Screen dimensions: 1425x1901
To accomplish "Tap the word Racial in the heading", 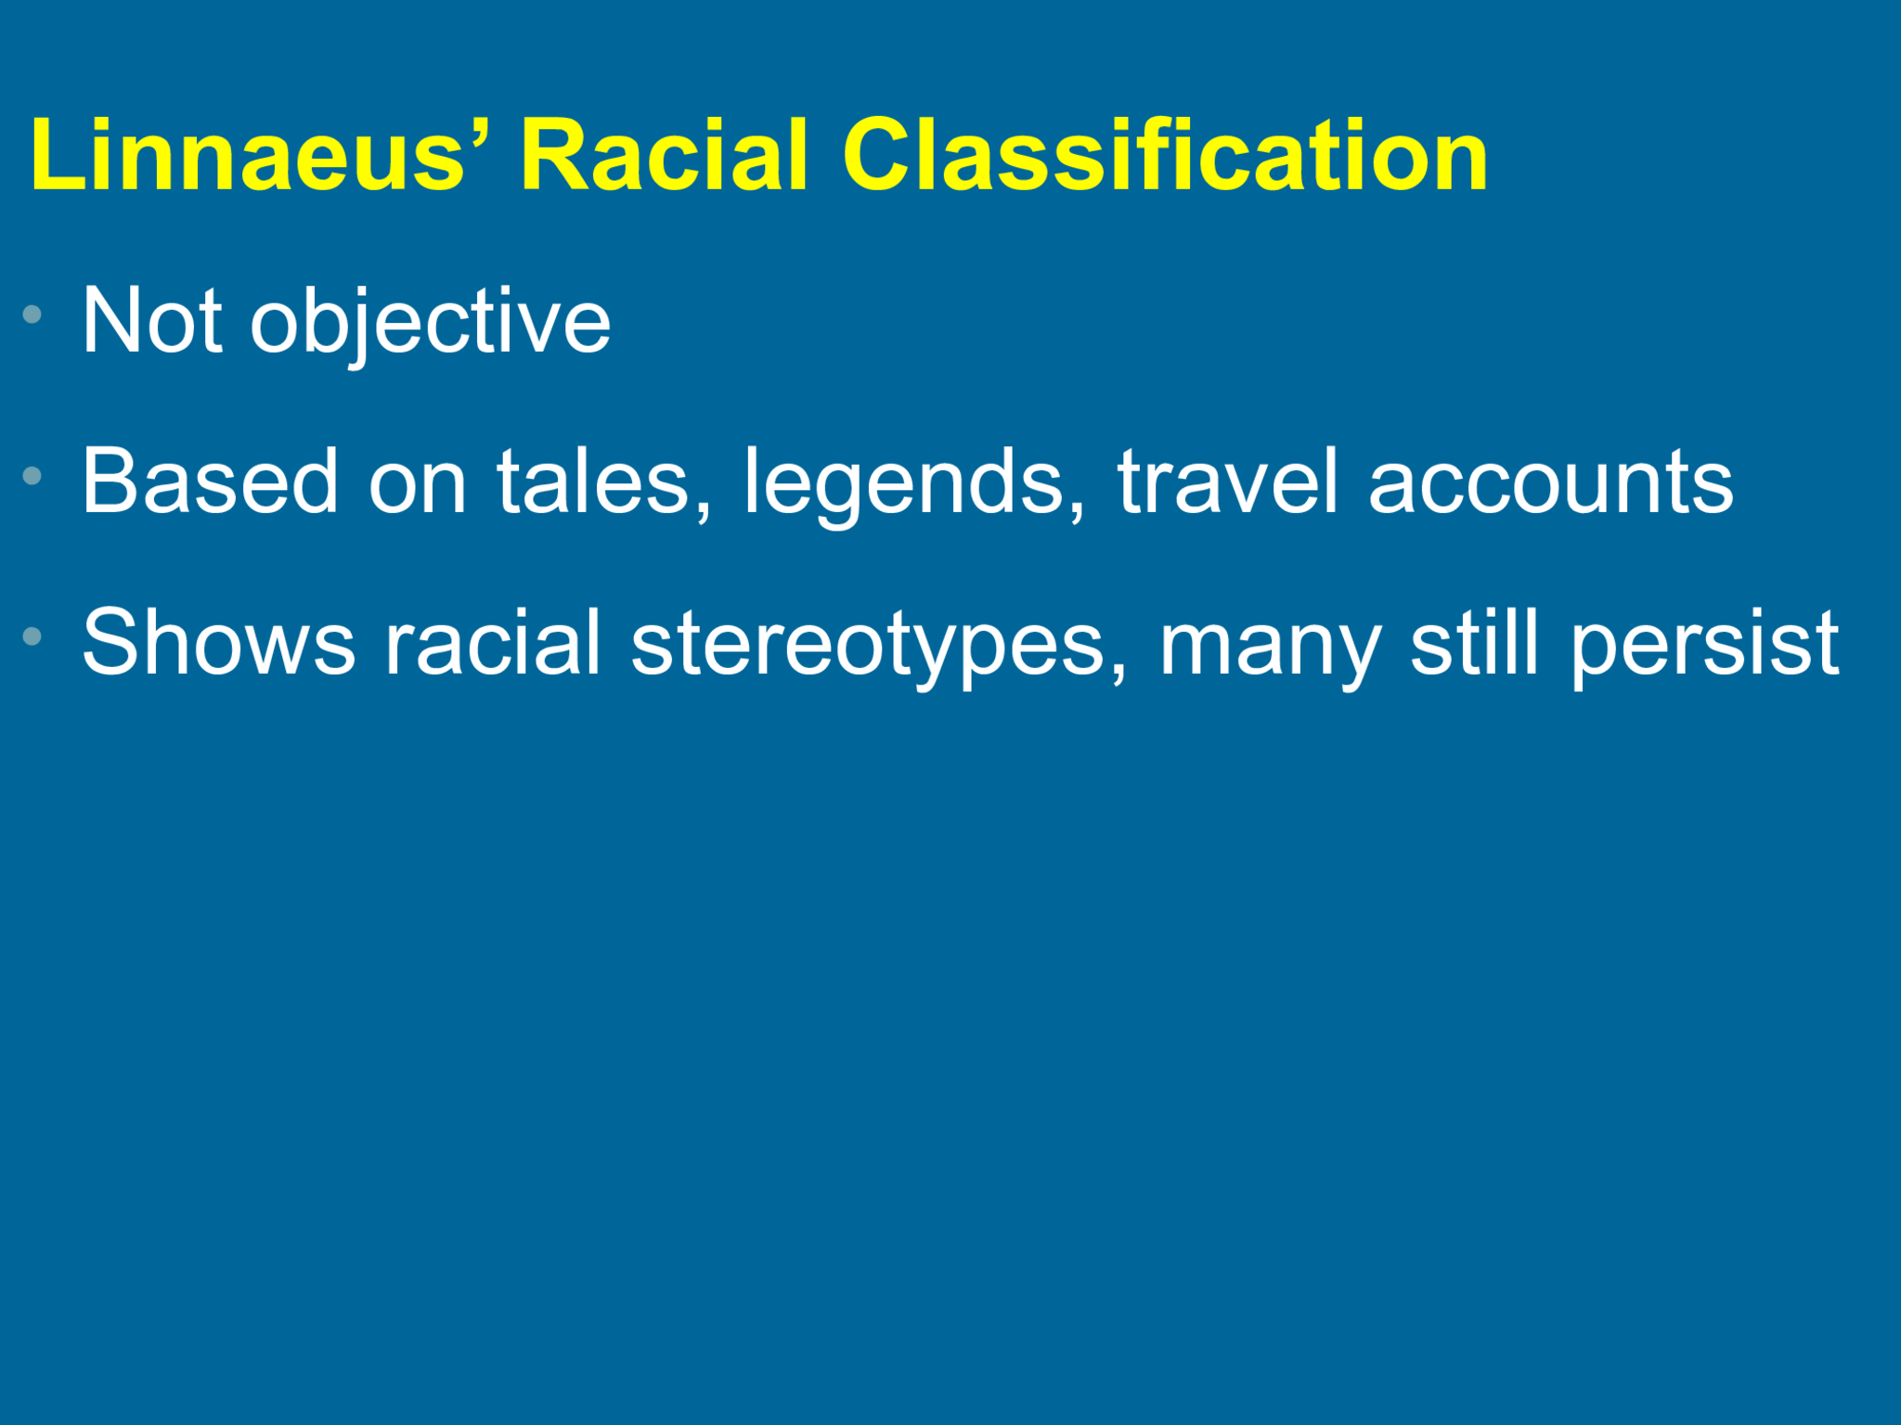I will click(664, 156).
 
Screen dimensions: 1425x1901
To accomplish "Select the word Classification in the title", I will click(1165, 156).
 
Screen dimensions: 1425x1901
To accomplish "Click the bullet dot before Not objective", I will click(32, 314).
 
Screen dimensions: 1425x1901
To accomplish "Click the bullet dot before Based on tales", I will click(32, 476).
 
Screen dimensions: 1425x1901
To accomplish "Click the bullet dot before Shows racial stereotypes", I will click(32, 636).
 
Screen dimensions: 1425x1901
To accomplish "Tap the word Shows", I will click(219, 643).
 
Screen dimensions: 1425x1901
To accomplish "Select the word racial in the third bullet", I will click(493, 643).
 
